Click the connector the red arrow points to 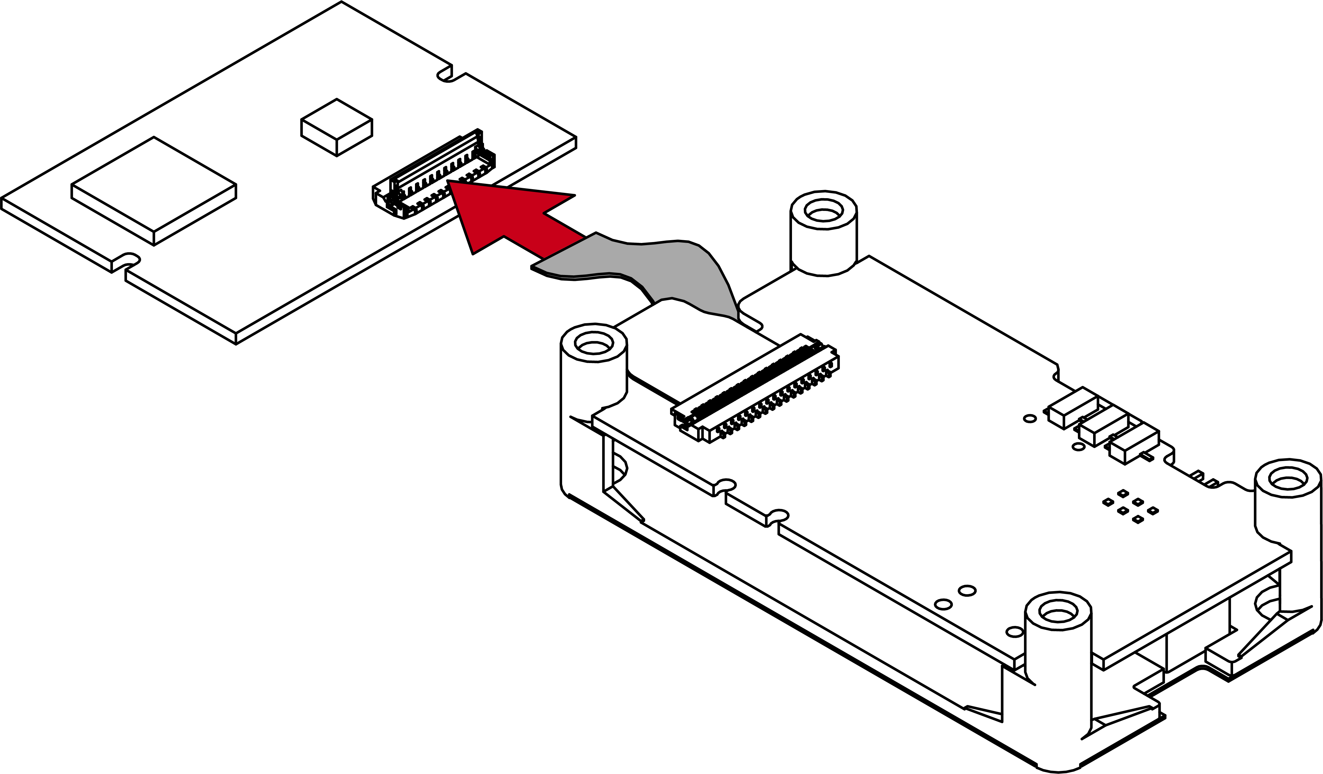pyautogui.click(x=433, y=173)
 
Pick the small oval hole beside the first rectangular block pyautogui.click(x=1030, y=418)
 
